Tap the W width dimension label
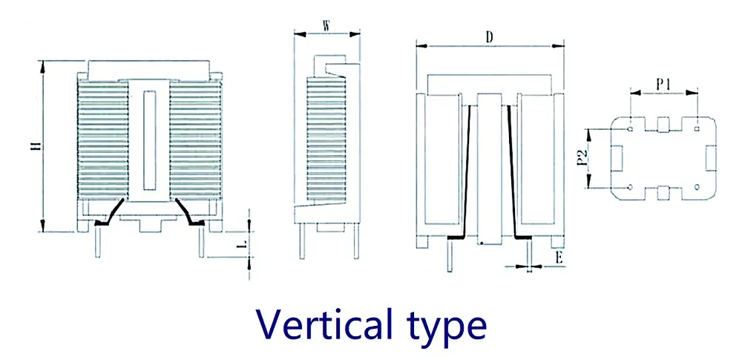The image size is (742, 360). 326,24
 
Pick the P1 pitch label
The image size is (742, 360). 664,84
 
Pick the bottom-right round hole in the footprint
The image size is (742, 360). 698,188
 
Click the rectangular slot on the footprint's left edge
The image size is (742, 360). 616,158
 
